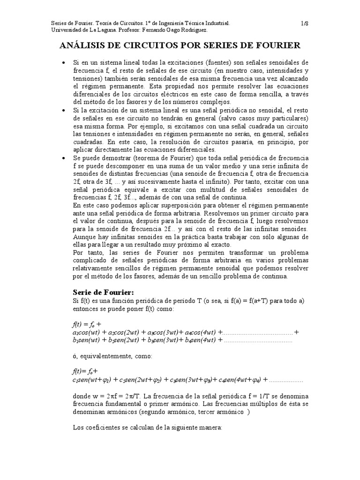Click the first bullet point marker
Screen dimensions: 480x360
point(64,62)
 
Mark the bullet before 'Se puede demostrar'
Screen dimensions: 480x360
point(64,159)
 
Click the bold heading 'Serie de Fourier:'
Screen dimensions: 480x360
point(103,292)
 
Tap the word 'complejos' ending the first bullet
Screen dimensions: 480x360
point(215,102)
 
